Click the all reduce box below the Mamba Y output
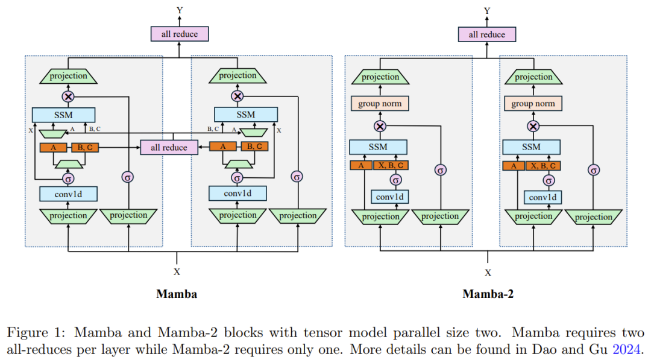tap(180, 34)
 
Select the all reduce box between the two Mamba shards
tap(169, 147)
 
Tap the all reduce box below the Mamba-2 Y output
tap(487, 34)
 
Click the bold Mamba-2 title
tap(488, 294)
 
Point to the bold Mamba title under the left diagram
tap(177, 294)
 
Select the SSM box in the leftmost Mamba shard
tap(63, 115)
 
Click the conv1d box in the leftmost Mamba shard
tap(68, 194)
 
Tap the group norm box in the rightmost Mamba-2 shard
tap(533, 104)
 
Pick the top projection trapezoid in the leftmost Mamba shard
tap(68, 76)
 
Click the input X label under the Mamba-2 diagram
tap(488, 272)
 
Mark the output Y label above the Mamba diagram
tap(180, 10)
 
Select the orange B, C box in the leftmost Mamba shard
tap(85, 147)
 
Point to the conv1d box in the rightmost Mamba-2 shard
tap(542, 198)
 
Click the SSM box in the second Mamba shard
tap(245, 115)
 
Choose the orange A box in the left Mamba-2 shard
tap(361, 166)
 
